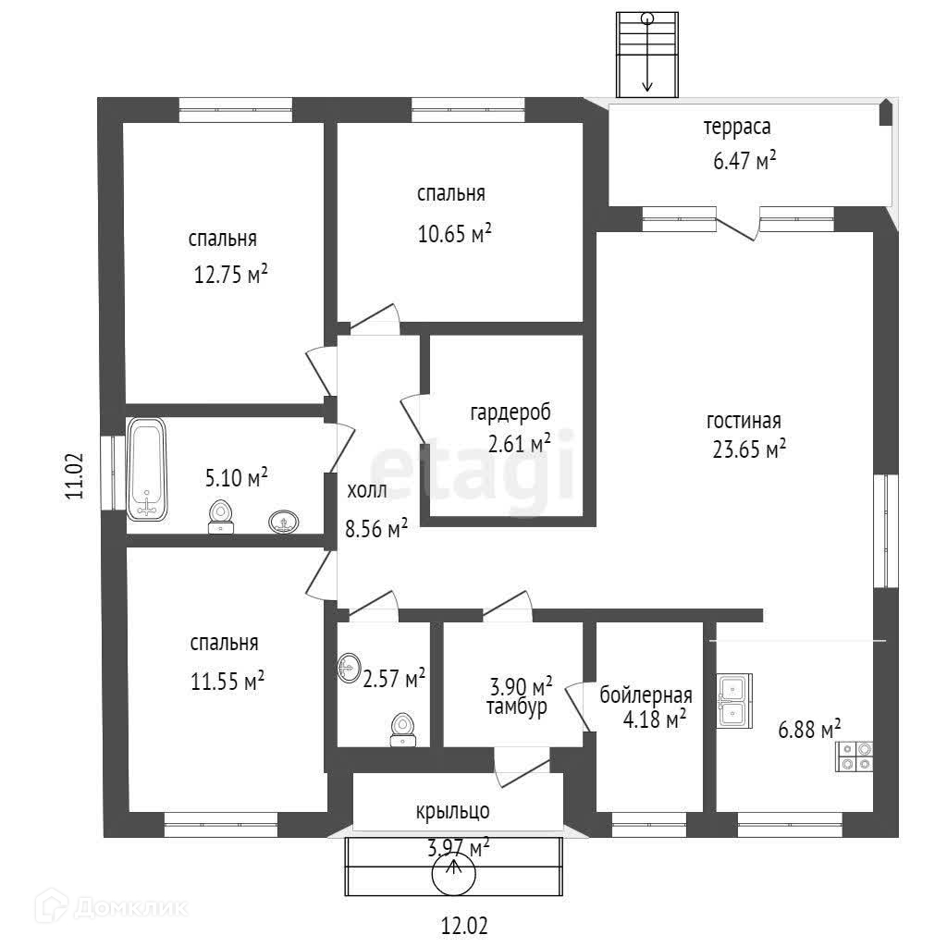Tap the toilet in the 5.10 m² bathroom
coord(220,516)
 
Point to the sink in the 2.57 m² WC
coord(350,667)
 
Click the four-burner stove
coord(855,756)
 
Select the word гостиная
coord(744,421)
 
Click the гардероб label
coord(510,412)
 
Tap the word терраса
coord(737,127)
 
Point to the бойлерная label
coord(646,695)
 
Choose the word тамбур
coord(516,707)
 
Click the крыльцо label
coord(452,812)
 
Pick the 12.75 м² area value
coord(230,274)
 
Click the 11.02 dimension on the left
coord(75,475)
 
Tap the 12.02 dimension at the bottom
coord(462,925)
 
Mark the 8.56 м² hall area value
coord(376,529)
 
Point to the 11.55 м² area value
coord(228,682)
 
